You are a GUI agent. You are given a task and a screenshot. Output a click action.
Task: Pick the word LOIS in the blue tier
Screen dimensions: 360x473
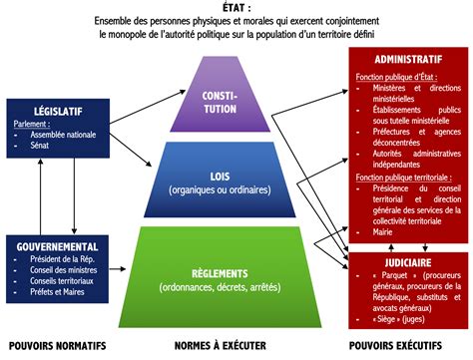tap(236, 176)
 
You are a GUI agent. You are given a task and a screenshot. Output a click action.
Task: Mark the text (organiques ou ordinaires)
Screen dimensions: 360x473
tap(236, 189)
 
